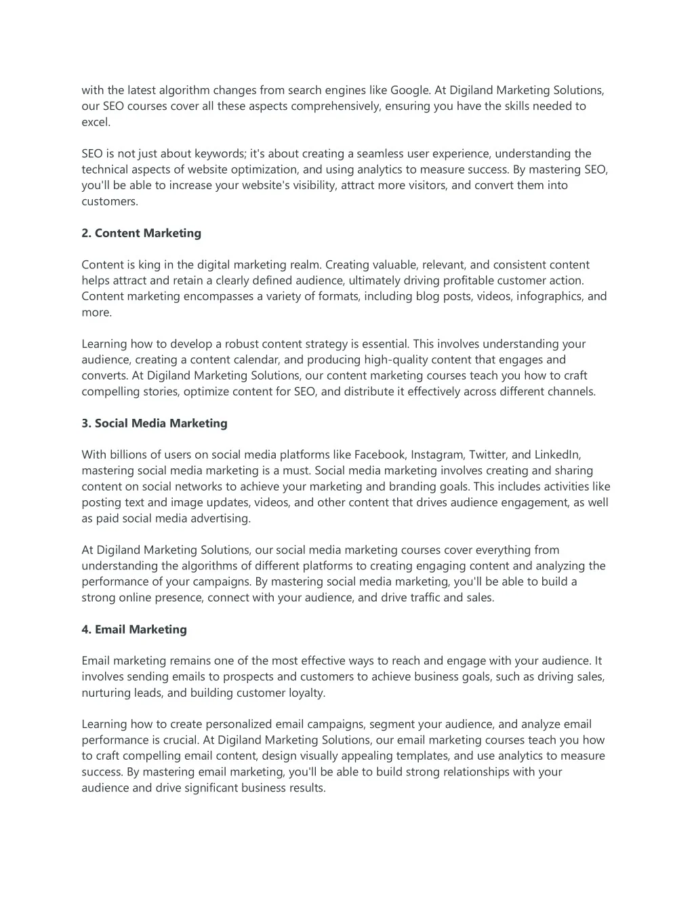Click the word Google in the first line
pos(409,90)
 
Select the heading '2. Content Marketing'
pos(141,233)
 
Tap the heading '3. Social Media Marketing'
pos(155,424)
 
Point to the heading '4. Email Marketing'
pos(134,630)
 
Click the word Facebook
pos(380,455)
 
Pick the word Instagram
pos(436,455)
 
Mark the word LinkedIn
pos(556,455)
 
